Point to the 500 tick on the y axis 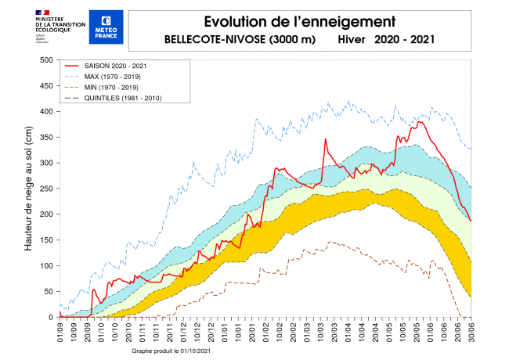coord(46,60)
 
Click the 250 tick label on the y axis coord(46,189)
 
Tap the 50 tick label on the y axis coord(49,291)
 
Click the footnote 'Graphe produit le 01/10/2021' coord(170,351)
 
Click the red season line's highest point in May coord(421,121)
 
